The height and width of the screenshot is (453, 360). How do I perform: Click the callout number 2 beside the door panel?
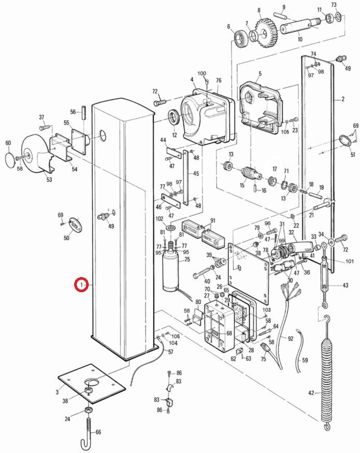[x=343, y=99]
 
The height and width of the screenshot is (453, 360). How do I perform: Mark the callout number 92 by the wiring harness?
[x=290, y=338]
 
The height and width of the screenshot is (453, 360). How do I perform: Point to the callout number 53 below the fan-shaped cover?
[x=49, y=180]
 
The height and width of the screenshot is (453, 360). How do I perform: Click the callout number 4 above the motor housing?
[x=192, y=80]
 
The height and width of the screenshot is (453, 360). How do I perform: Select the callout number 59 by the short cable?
[x=305, y=360]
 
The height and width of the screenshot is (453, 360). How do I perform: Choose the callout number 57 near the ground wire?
[x=171, y=351]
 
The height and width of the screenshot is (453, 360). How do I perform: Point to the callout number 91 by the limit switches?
[x=212, y=221]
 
